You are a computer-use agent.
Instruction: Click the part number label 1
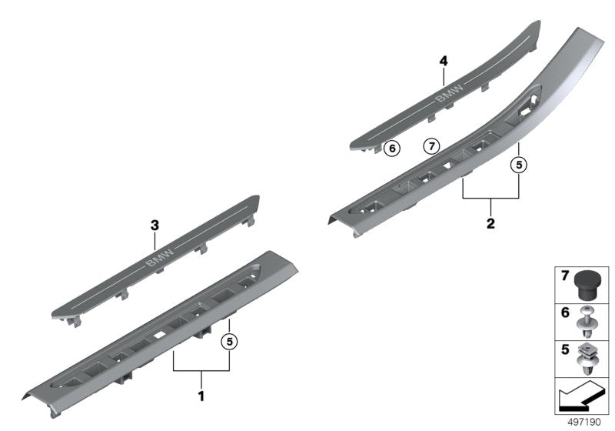(x=201, y=397)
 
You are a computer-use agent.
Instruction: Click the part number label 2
(x=490, y=225)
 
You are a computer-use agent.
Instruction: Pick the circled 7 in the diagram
(x=430, y=145)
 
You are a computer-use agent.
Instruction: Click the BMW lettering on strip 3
(x=159, y=259)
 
